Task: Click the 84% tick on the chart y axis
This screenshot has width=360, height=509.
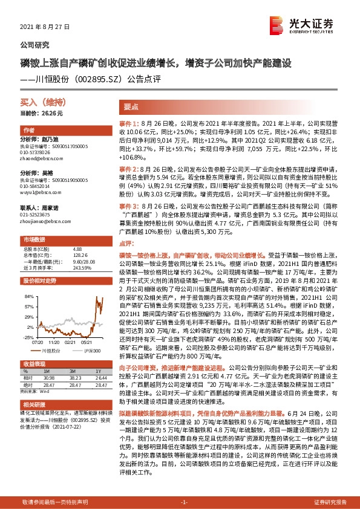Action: coord(28,298)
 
